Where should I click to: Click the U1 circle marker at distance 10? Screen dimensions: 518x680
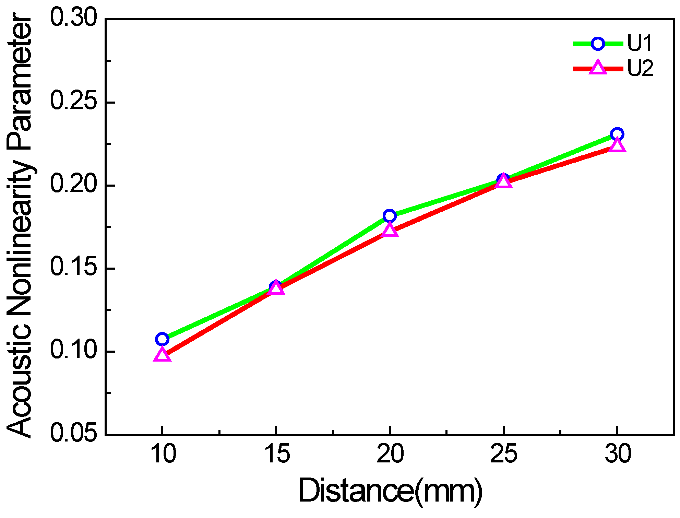[162, 339]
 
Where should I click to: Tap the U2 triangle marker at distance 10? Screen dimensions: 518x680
[162, 355]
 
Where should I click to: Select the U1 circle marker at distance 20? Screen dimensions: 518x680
[390, 216]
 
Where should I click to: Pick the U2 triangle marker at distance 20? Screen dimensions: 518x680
[390, 230]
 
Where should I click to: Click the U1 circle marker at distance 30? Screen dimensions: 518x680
[617, 134]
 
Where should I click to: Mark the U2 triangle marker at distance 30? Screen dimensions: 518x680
[617, 145]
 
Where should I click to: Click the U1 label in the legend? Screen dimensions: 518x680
[639, 44]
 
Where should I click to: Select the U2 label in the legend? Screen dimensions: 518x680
[640, 68]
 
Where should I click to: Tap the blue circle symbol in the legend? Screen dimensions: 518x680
[598, 44]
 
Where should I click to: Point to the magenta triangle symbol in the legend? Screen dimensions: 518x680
[598, 67]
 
